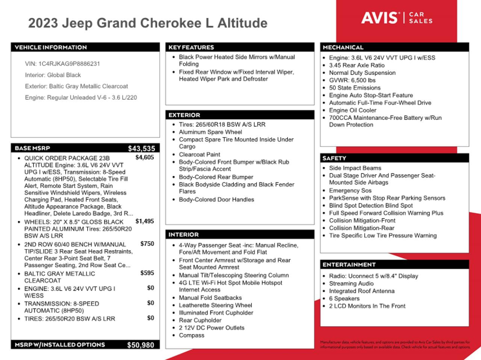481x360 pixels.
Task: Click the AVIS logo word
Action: [x=380, y=18]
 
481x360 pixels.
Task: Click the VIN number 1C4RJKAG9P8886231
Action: [x=69, y=64]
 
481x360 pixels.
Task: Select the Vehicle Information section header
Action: [x=51, y=47]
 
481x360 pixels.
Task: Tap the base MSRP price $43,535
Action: [x=141, y=148]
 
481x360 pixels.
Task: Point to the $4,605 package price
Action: [x=145, y=157]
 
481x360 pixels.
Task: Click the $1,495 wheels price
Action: [x=145, y=221]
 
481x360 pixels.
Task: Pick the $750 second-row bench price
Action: [x=147, y=244]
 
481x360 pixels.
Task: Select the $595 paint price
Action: [x=147, y=273]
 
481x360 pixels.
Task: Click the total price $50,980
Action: [x=141, y=345]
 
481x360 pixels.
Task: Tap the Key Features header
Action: [x=191, y=47]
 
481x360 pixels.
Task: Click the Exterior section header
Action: [x=185, y=115]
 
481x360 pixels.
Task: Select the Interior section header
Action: [x=184, y=235]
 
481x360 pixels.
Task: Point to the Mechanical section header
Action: [x=343, y=47]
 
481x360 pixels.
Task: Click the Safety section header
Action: [x=334, y=158]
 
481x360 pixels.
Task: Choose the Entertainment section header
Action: [x=349, y=265]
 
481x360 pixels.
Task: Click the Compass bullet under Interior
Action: [x=192, y=335]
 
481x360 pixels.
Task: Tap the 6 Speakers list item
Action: [x=344, y=298]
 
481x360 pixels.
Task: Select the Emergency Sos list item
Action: [x=350, y=190]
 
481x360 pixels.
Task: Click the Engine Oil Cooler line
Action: [x=352, y=110]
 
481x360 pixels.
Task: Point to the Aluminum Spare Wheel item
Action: [x=210, y=132]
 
